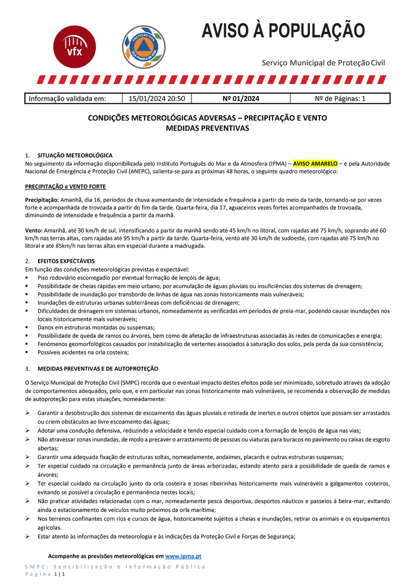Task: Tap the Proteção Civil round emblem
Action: pyautogui.click(x=143, y=47)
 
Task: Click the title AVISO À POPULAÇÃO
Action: pyautogui.click(x=283, y=30)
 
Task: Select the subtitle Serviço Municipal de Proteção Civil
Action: pyautogui.click(x=323, y=63)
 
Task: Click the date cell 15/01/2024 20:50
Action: pyautogui.click(x=156, y=99)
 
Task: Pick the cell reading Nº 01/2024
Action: pyautogui.click(x=241, y=99)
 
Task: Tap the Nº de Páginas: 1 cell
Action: pyautogui.click(x=340, y=99)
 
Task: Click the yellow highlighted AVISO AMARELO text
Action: pyautogui.click(x=315, y=163)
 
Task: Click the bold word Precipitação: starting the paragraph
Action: pyautogui.click(x=41, y=200)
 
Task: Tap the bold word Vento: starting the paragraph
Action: pyautogui.click(x=34, y=230)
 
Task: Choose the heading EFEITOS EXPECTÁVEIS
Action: pyautogui.click(x=66, y=261)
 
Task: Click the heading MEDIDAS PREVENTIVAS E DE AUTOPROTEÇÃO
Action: pyautogui.click(x=98, y=368)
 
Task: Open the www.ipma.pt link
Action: pyautogui.click(x=184, y=556)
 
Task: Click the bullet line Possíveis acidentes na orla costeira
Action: pyautogui.click(x=83, y=352)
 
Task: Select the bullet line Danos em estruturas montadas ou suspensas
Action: pyautogui.click(x=96, y=327)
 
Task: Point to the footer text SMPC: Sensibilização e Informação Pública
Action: pyautogui.click(x=115, y=566)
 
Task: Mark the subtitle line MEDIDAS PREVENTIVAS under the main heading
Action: pyautogui.click(x=207, y=128)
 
